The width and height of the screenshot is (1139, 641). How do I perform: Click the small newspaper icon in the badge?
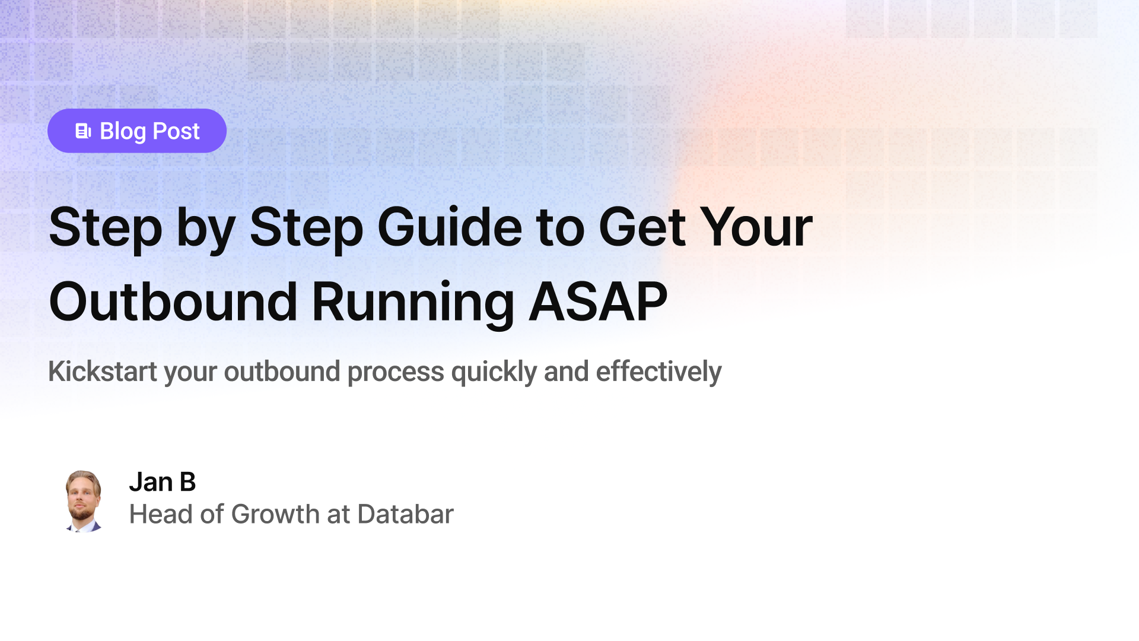[x=83, y=131]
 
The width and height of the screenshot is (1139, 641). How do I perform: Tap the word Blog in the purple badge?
[x=123, y=131]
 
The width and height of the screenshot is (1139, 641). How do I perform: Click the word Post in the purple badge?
[x=176, y=131]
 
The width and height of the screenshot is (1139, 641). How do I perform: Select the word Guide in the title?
[x=449, y=227]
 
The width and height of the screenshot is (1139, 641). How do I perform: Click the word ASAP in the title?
[x=597, y=302]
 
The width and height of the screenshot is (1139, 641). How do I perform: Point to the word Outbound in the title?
[x=173, y=302]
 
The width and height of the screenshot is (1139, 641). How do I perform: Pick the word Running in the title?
[x=412, y=302]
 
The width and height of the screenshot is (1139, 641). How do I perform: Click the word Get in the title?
[x=642, y=227]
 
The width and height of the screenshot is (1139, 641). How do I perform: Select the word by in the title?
[x=205, y=229]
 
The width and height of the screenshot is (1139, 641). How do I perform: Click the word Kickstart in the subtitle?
[x=103, y=372]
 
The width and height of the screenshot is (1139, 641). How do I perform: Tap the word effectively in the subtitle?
[x=658, y=372]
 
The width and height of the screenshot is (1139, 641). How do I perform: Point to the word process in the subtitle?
[x=395, y=372]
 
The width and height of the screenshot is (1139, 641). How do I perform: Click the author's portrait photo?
[x=83, y=500]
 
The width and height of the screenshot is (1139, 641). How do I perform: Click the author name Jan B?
[x=162, y=482]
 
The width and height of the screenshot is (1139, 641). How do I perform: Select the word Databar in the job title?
[x=405, y=514]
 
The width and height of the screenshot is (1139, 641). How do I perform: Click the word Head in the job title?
[x=161, y=514]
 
